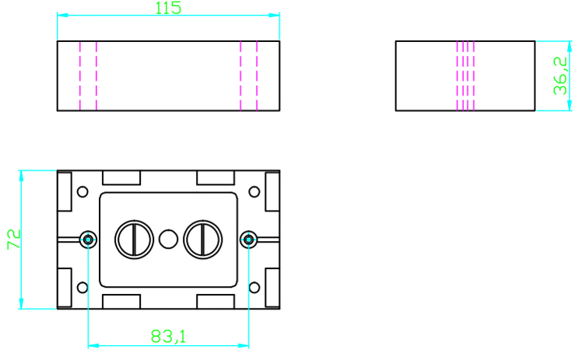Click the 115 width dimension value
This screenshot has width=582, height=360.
168,8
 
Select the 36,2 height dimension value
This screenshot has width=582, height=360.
560,75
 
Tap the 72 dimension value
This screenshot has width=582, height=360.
14,239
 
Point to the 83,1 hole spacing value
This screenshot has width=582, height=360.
168,336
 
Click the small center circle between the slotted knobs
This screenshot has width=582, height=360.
169,239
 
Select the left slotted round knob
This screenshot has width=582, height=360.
134,239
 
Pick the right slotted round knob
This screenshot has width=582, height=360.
203,239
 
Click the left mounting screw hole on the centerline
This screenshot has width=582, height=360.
89,239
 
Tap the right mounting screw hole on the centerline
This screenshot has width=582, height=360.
249,239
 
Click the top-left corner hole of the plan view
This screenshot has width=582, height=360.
82,192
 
